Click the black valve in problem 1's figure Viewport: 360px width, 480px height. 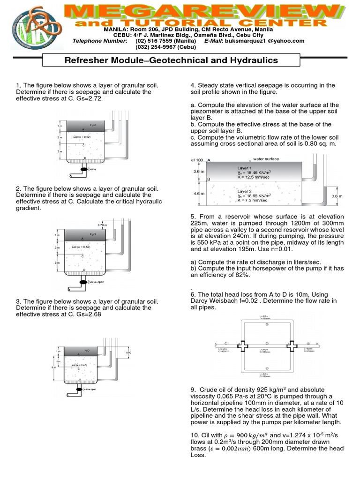(84, 169)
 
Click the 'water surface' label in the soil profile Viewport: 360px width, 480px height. (266, 159)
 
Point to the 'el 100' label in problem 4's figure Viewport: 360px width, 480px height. (197, 160)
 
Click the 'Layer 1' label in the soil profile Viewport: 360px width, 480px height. (244, 168)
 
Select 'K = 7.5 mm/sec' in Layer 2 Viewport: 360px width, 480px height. (252, 200)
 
